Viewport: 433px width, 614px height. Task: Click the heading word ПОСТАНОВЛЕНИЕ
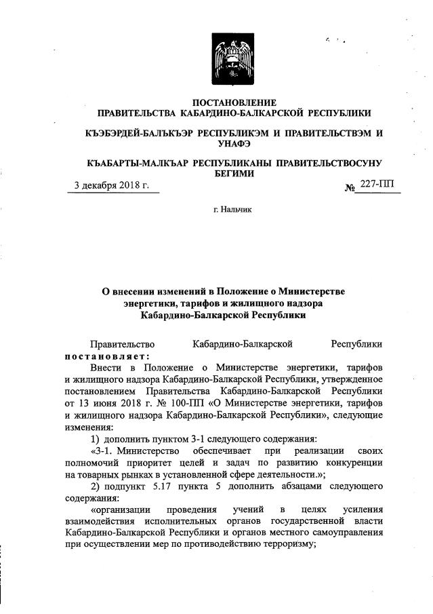coord(234,102)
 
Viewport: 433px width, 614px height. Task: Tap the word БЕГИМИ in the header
coord(234,173)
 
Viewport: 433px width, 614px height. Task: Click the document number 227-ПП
coord(382,184)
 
